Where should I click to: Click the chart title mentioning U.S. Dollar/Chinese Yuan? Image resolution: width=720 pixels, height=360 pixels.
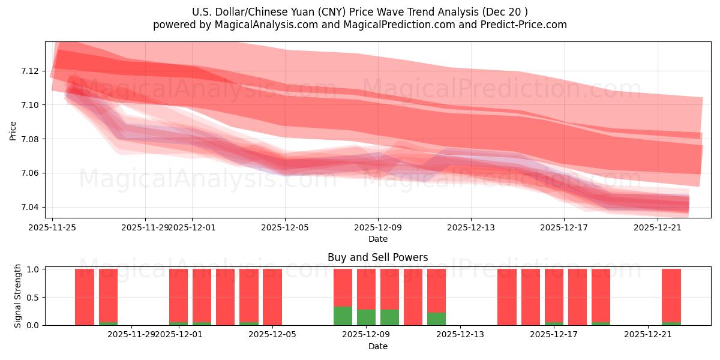[359, 12]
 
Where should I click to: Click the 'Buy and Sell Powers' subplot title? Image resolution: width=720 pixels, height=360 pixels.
[377, 257]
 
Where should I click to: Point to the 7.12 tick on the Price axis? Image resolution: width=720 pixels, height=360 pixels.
[29, 71]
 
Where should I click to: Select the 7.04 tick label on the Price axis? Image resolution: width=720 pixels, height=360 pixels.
[29, 207]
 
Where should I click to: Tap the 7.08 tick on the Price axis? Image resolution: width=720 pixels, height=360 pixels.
[29, 139]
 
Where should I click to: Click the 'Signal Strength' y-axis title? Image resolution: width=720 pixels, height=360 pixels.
[18, 296]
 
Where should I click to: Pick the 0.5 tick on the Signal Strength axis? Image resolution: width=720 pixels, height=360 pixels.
[33, 297]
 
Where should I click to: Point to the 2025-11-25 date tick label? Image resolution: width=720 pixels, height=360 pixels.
[52, 227]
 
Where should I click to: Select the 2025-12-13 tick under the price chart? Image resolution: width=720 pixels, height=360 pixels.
[471, 227]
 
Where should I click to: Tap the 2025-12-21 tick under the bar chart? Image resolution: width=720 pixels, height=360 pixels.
[648, 334]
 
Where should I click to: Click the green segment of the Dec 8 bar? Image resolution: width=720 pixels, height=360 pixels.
[343, 316]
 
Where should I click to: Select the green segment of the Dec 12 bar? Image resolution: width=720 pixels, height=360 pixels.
[436, 319]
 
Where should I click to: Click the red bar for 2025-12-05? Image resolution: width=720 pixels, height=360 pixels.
[272, 297]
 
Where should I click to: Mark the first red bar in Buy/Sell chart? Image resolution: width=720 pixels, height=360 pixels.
[85, 297]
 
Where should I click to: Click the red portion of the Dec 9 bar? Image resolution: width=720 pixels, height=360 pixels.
[366, 289]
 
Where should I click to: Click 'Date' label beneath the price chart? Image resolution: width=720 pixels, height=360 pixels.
[377, 239]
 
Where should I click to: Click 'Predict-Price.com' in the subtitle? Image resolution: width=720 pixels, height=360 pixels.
[523, 25]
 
